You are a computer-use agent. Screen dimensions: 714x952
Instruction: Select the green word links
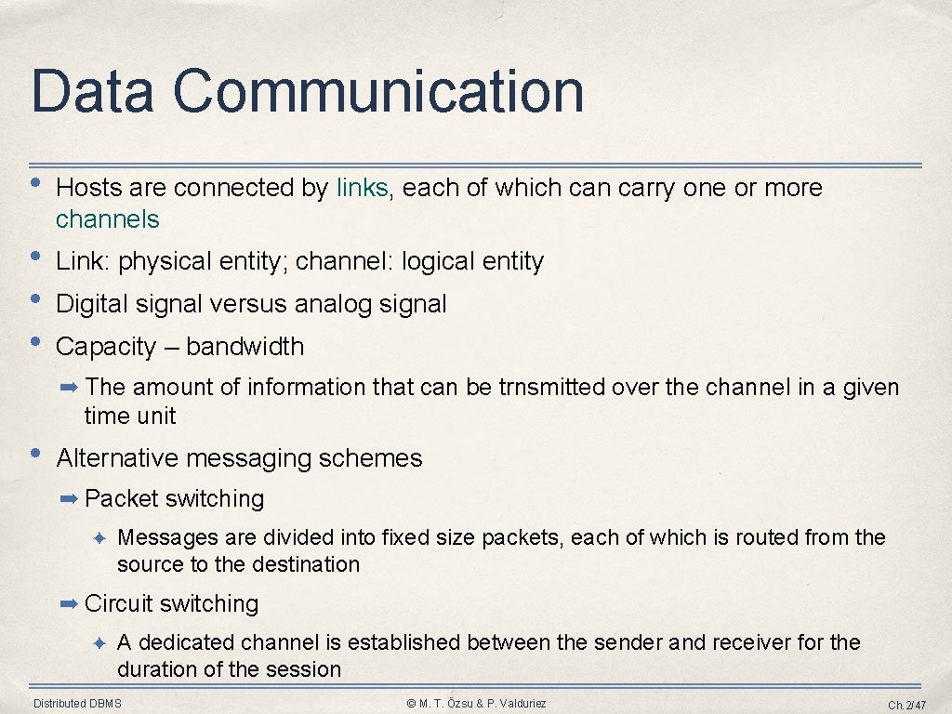363,188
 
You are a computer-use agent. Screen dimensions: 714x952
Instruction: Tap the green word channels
108,219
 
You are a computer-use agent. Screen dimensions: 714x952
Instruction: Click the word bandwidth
245,347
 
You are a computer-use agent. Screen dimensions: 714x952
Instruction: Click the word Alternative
117,458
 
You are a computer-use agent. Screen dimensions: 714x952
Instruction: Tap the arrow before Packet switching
70,499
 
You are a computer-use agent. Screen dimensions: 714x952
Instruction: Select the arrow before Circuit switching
70,604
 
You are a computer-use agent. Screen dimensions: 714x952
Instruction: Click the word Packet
122,499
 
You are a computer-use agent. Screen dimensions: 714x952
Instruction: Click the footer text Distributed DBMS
77,704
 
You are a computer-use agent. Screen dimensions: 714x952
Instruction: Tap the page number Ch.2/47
907,705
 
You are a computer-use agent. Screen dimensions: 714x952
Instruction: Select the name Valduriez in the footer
518,704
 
